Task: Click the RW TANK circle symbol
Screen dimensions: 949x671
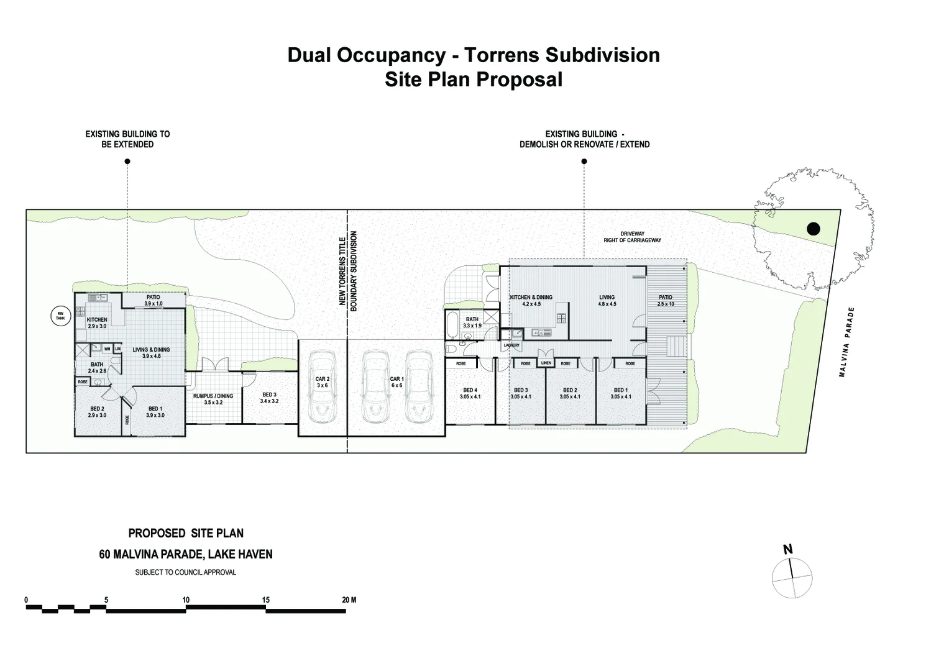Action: pos(60,316)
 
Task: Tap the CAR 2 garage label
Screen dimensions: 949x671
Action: pos(322,382)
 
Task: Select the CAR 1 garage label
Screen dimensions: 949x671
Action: pos(397,382)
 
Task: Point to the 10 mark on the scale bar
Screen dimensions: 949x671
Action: pos(186,600)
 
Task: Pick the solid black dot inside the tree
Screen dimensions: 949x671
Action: pos(813,229)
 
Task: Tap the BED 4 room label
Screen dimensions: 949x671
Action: pos(470,393)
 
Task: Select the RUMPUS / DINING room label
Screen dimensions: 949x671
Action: pos(213,399)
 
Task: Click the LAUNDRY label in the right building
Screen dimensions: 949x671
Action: pos(511,345)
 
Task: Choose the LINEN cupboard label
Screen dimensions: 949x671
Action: pos(546,363)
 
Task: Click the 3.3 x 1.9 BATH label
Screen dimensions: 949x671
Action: pos(472,322)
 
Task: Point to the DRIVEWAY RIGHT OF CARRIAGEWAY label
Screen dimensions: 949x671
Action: pos(632,237)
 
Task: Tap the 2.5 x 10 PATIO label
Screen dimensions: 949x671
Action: pos(665,301)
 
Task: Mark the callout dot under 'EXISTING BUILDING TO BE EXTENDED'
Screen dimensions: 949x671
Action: pos(127,162)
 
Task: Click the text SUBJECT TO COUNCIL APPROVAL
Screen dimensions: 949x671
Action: pos(185,572)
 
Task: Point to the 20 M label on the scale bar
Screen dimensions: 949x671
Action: pos(349,600)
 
